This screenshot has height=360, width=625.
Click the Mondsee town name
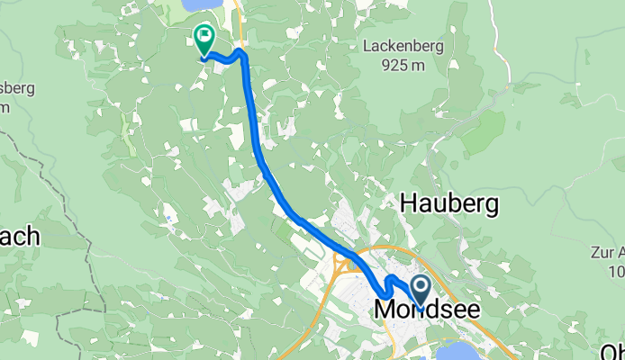point(426,310)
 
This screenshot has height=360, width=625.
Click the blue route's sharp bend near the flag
point(241,53)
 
